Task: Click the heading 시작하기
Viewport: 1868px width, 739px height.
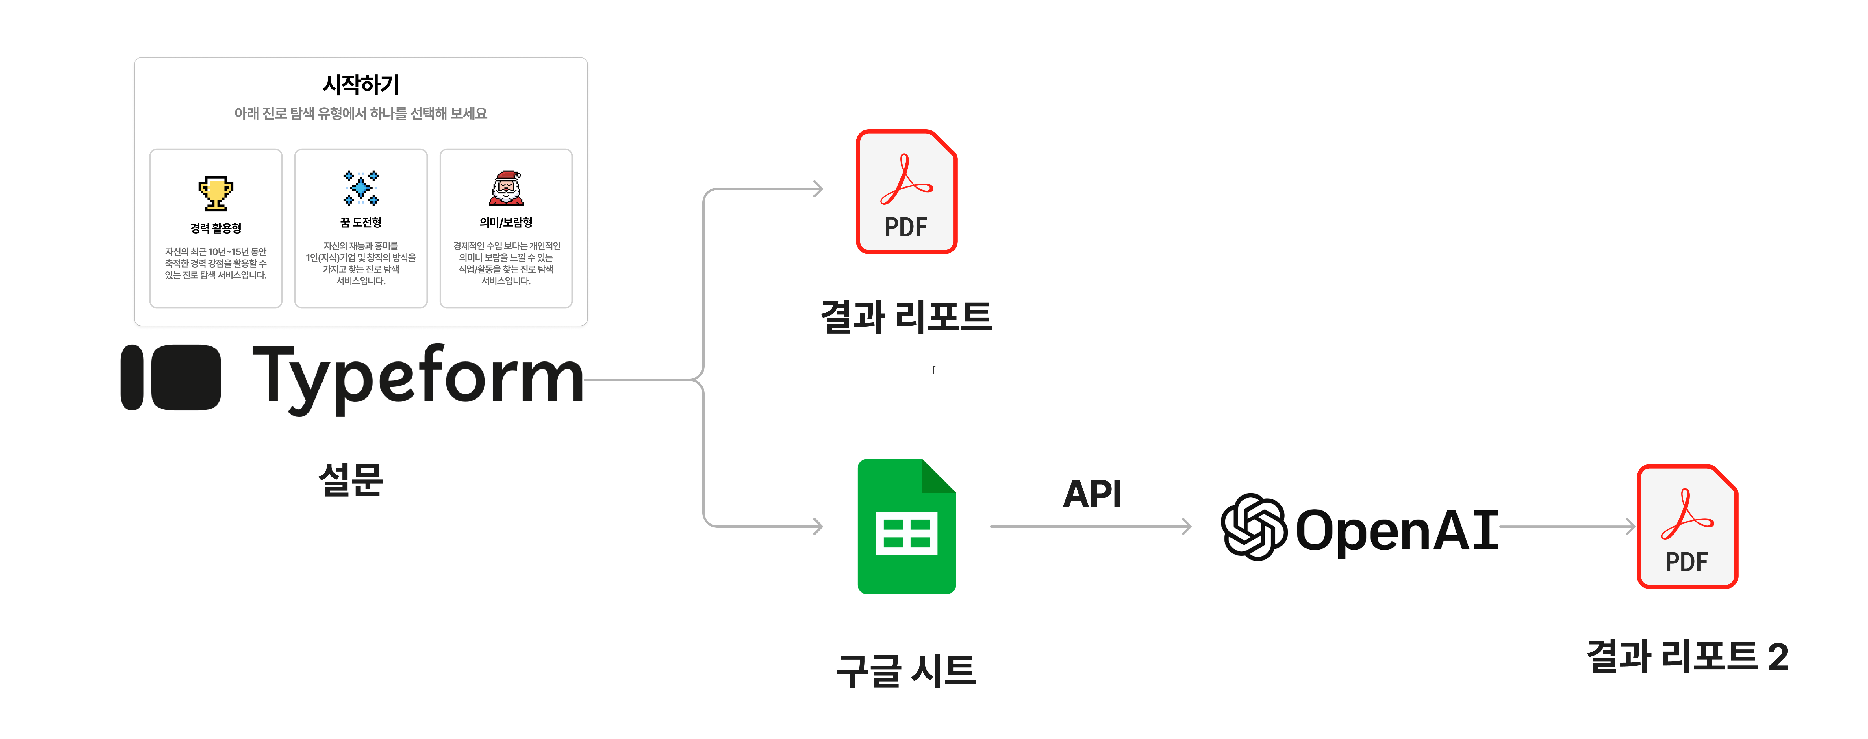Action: click(x=360, y=85)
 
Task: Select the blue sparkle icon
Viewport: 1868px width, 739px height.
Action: click(x=360, y=188)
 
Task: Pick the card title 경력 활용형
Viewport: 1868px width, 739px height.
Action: click(x=215, y=228)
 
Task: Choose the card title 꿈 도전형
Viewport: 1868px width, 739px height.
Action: click(x=360, y=223)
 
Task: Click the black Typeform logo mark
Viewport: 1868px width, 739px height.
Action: click(x=171, y=378)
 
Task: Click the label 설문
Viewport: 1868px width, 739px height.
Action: click(x=350, y=479)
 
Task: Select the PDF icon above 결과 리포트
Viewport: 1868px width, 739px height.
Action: click(x=907, y=192)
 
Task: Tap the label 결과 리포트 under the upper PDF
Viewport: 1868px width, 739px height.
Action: click(x=907, y=317)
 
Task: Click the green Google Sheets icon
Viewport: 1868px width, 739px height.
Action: click(x=907, y=527)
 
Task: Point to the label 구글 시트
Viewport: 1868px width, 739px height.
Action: click(x=907, y=670)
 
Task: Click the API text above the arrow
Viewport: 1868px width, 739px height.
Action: click(x=1092, y=494)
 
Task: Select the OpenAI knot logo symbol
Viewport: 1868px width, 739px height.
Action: click(x=1254, y=527)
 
